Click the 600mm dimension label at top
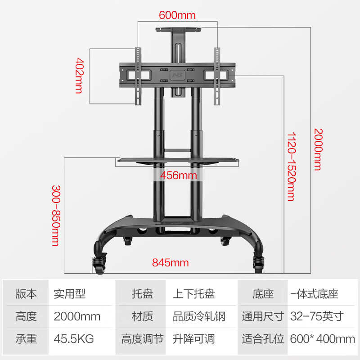coord(177,15)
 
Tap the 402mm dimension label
coord(79,75)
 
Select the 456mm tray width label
coord(178,175)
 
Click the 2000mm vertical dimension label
coord(318,149)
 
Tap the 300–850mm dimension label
coord(55,215)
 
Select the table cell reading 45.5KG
coord(74,338)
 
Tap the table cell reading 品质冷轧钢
coord(198,316)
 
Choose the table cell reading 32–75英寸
coord(316,316)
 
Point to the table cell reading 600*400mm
coord(323,338)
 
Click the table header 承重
coord(26,338)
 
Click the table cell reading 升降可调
coord(193,338)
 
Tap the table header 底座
coord(263,294)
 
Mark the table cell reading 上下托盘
coord(193,294)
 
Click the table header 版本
coord(26,294)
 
